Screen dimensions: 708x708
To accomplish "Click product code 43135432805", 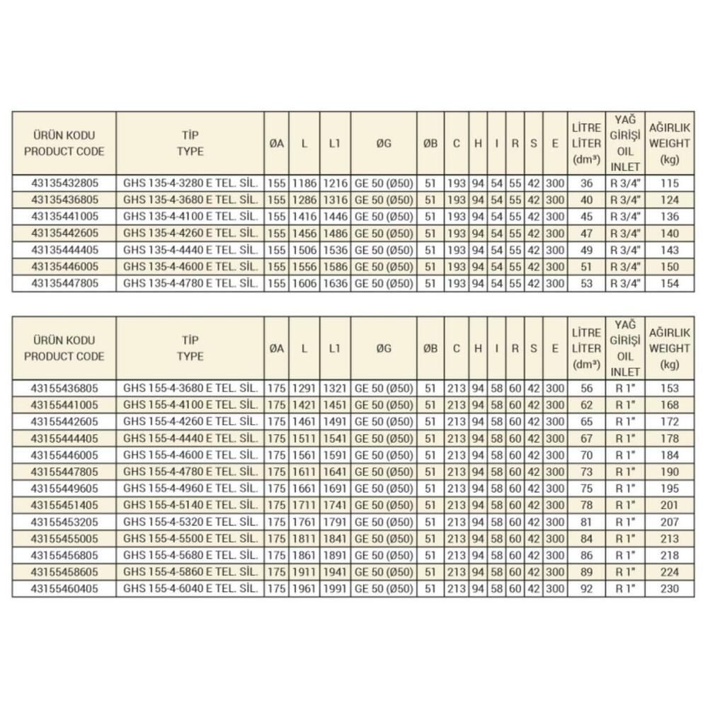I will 64,183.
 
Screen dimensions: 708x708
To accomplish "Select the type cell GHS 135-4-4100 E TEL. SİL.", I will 189,217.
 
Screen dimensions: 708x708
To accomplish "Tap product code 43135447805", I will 64,284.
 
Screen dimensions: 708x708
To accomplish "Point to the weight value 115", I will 669,183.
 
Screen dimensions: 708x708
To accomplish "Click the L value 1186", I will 304,183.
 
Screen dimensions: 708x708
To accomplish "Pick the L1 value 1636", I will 335,284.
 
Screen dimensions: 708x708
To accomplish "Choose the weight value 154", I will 669,284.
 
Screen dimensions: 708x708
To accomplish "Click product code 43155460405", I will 64,589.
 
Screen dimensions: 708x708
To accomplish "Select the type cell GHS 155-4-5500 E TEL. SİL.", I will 189,539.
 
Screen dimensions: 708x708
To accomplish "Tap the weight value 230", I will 669,589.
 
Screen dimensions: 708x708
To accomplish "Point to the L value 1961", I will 304,589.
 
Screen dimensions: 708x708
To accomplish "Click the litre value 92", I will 586,589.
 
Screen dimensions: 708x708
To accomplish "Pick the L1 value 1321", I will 335,388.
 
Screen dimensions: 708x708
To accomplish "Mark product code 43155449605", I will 64,489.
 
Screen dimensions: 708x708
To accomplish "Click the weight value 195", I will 669,489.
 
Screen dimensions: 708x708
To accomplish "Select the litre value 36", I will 586,183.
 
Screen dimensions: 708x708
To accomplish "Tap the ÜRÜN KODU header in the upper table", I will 64,142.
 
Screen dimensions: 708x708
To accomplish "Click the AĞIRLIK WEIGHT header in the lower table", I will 669,348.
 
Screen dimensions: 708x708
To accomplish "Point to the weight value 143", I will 669,250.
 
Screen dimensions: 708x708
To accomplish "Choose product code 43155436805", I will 64,388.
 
